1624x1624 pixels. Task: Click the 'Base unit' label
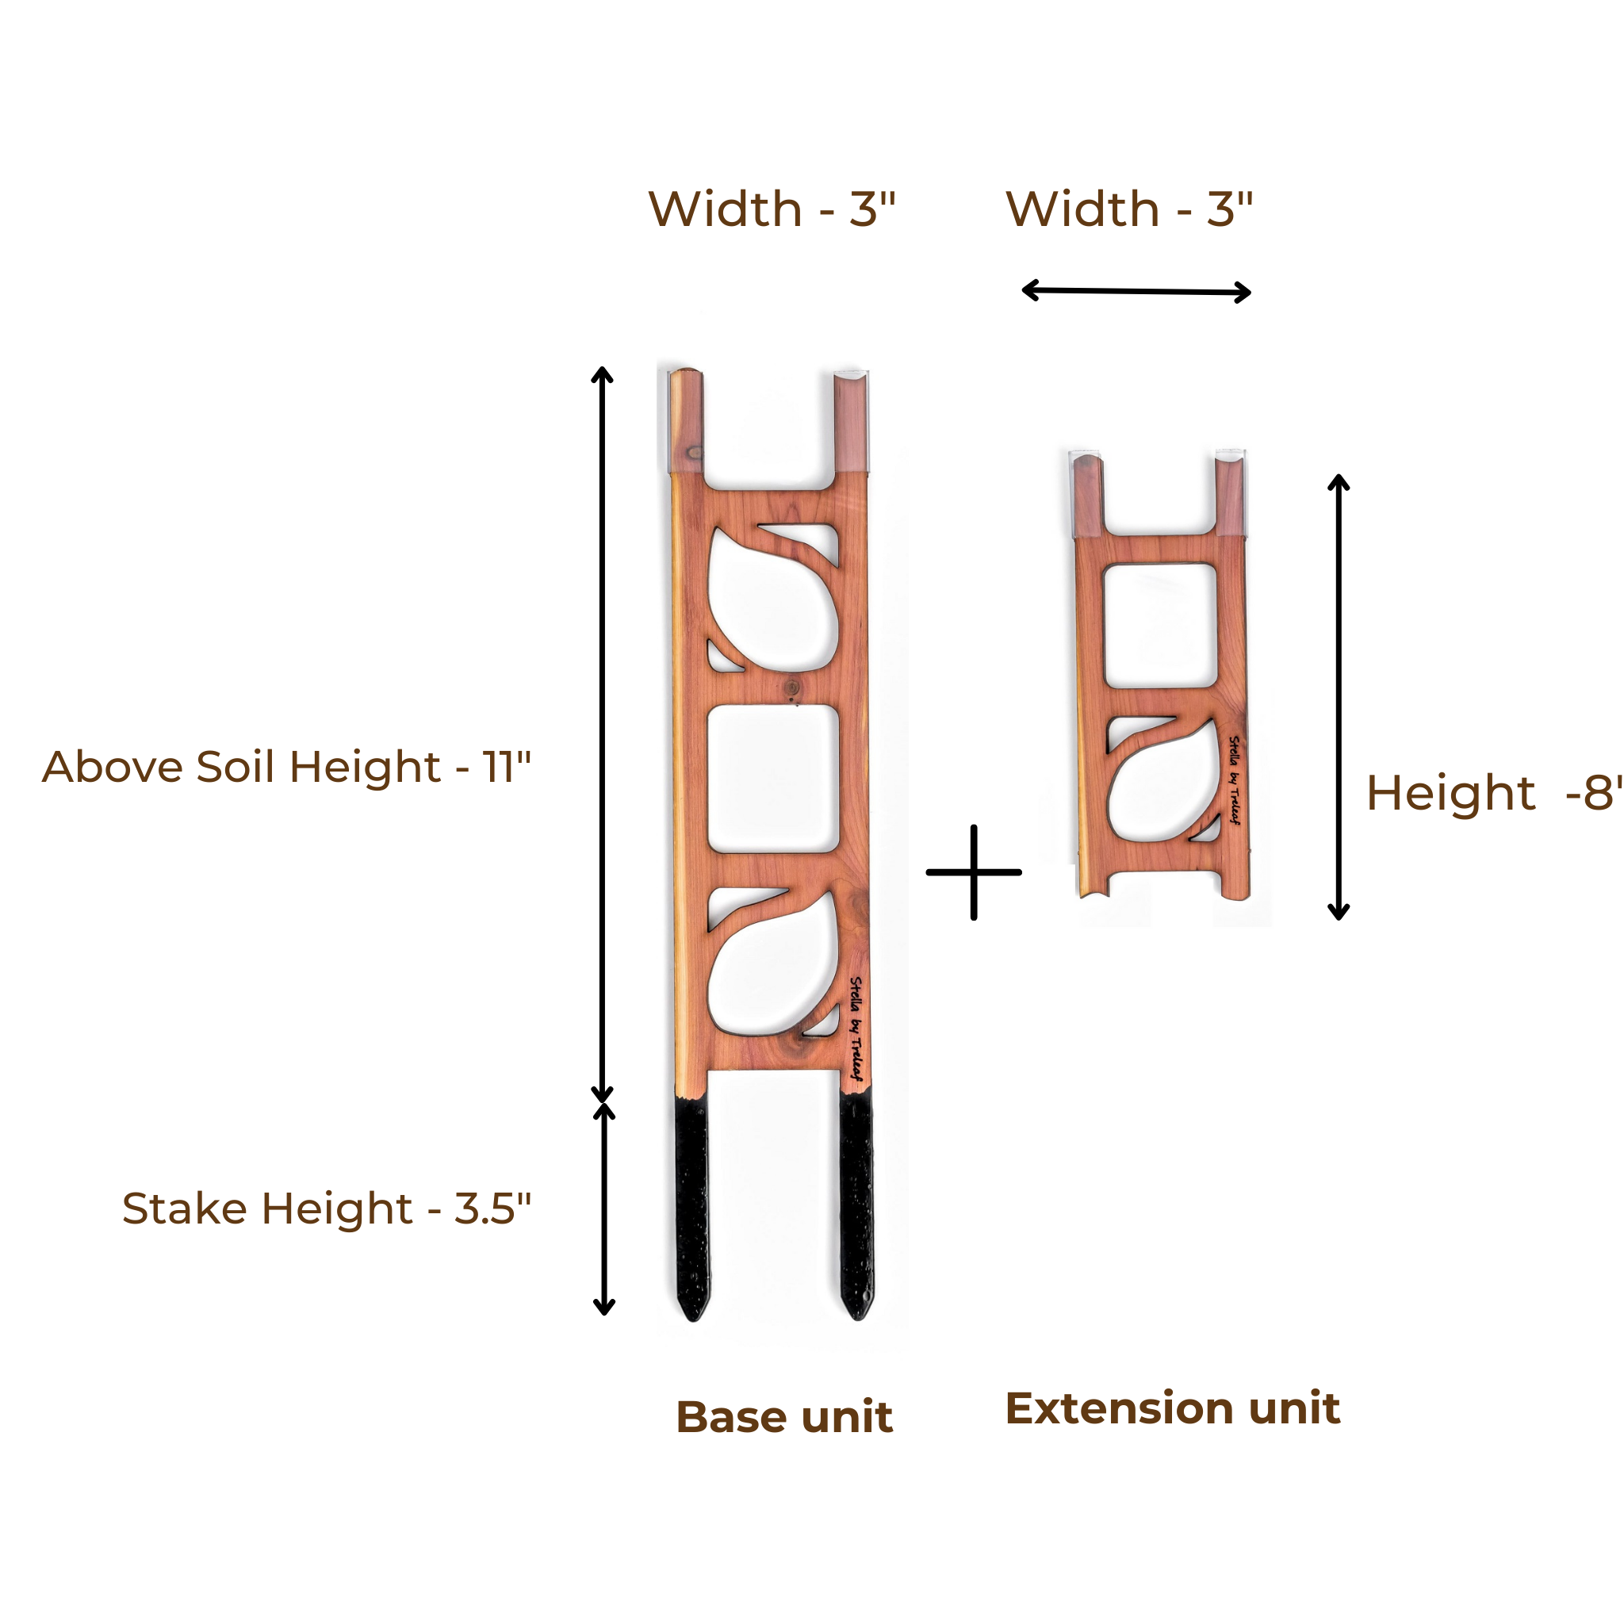[783, 1417]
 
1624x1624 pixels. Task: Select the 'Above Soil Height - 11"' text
[286, 767]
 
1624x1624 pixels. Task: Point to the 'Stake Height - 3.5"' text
[327, 1208]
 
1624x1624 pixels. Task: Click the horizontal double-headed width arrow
[1136, 292]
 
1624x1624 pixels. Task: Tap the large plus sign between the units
[974, 872]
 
